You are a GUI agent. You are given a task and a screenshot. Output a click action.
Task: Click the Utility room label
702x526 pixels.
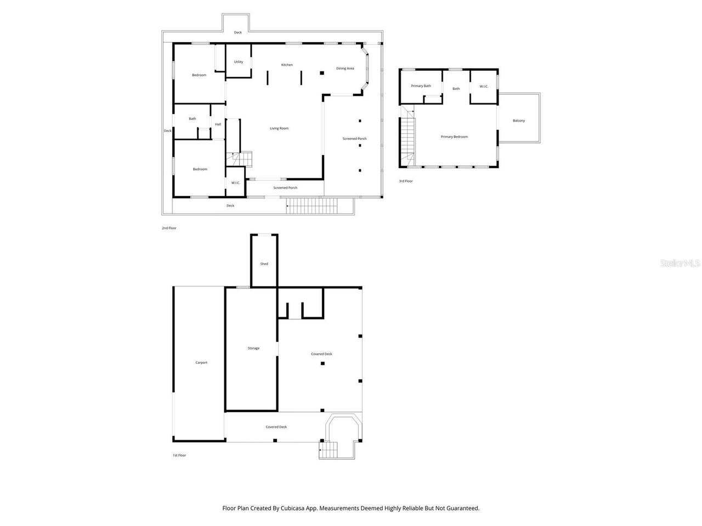[239, 62]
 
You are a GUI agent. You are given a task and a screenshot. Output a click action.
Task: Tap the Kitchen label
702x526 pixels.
[287, 65]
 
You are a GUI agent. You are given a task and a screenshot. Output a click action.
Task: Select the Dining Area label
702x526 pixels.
[345, 68]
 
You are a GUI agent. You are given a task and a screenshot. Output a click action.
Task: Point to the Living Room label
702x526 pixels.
[279, 128]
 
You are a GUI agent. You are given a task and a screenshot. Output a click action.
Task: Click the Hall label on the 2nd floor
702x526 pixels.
[218, 124]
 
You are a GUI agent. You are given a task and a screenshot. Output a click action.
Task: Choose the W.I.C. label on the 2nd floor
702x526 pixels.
[235, 182]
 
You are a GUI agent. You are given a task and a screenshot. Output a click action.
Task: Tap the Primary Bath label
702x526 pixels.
[421, 86]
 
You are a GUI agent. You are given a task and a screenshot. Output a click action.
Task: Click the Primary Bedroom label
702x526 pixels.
[454, 136]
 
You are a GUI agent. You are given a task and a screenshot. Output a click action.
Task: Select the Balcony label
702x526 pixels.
[518, 121]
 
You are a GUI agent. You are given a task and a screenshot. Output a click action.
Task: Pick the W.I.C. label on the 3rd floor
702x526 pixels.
[484, 86]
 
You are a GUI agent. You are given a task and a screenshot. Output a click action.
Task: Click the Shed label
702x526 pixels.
[264, 264]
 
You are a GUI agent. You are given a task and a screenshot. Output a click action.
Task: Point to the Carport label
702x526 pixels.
[201, 363]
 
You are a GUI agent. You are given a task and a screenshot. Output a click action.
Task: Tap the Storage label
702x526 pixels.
[253, 348]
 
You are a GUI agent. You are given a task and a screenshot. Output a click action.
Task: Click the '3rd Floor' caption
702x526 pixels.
[406, 181]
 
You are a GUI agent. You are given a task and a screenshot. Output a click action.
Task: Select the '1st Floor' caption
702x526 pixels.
[179, 455]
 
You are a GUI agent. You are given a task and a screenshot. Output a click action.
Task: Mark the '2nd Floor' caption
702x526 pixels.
[169, 228]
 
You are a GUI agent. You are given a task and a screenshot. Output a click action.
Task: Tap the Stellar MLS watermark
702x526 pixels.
[680, 263]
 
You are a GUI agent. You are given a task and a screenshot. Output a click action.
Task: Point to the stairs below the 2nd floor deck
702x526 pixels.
[312, 207]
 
